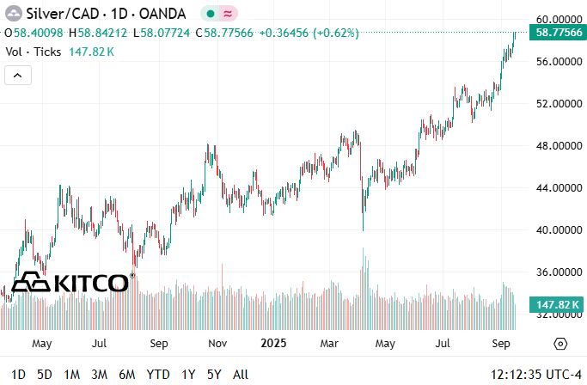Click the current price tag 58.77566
tap(559, 33)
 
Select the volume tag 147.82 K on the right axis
tap(559, 305)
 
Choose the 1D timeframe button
tap(18, 375)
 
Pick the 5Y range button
tap(214, 375)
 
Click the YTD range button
tap(158, 375)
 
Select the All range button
tap(242, 375)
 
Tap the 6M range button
tap(127, 375)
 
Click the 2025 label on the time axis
tap(272, 344)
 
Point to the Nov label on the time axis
tap(217, 344)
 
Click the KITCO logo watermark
tap(72, 282)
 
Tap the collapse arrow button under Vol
tap(17, 76)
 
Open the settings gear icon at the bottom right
tap(560, 344)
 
